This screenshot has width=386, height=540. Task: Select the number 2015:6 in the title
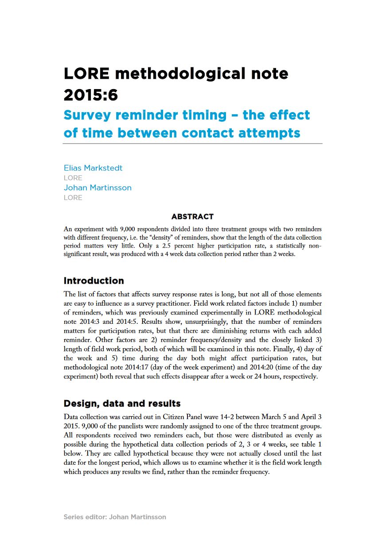tap(91, 94)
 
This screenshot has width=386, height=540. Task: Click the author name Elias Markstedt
tap(93, 168)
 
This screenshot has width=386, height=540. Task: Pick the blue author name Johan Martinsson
tap(97, 187)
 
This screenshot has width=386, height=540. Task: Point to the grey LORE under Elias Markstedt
tap(73, 178)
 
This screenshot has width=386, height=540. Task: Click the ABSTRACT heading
tap(192, 217)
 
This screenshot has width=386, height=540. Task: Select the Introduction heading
tap(94, 281)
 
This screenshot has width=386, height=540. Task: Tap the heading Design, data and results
tap(122, 404)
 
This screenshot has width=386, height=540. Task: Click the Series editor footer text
tap(115, 517)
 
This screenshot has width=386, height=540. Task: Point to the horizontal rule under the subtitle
tap(192, 144)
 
